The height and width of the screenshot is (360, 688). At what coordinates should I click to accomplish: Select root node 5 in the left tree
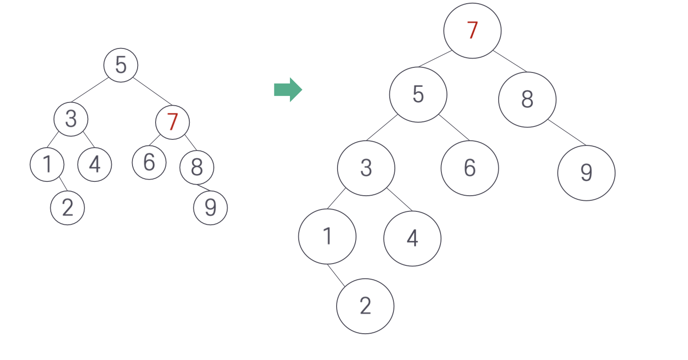coord(121,65)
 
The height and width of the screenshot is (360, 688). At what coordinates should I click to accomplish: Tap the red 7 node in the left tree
coord(172,122)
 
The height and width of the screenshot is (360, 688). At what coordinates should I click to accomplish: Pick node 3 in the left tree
coord(71,119)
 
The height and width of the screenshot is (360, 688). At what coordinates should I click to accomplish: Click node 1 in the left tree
coord(47,164)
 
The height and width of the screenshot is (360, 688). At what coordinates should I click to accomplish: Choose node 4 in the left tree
coord(95,164)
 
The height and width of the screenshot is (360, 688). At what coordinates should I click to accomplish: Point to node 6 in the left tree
coord(149,162)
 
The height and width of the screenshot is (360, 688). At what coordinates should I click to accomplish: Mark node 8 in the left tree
coord(197,167)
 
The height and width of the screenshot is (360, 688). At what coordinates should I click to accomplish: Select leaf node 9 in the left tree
coord(211,208)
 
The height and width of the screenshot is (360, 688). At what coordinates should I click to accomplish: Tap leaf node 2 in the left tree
coord(67,208)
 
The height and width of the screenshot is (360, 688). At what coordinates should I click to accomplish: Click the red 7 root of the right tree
coord(472,30)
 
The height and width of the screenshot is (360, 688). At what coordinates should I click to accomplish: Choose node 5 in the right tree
coord(418,95)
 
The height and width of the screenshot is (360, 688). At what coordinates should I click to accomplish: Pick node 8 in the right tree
coord(527,99)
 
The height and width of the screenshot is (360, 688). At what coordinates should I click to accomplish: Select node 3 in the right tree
coord(366,168)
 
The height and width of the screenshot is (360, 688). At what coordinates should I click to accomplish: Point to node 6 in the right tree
coord(470,168)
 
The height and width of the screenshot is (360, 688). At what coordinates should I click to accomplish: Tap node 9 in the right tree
coord(586,173)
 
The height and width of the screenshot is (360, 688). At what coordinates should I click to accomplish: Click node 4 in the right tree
coord(412,238)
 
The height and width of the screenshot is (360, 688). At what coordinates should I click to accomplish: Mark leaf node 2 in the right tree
coord(365,306)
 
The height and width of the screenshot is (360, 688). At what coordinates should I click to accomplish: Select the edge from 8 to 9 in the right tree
coord(567,132)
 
